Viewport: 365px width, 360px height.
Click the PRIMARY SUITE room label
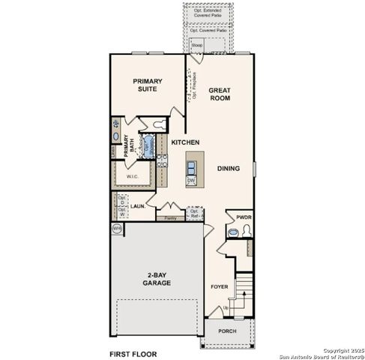pos(148,85)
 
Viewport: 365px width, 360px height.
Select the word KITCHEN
pos(184,142)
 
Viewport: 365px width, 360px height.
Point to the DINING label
pos(229,169)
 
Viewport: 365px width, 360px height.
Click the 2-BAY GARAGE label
pos(157,279)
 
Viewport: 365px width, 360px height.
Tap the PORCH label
pos(226,331)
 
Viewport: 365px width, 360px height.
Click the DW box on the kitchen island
pos(191,181)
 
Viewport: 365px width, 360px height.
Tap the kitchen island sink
pos(193,165)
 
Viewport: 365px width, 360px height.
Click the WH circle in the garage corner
pos(116,227)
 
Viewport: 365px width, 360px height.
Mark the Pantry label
pos(170,217)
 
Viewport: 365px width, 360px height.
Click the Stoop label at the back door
pos(197,46)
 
